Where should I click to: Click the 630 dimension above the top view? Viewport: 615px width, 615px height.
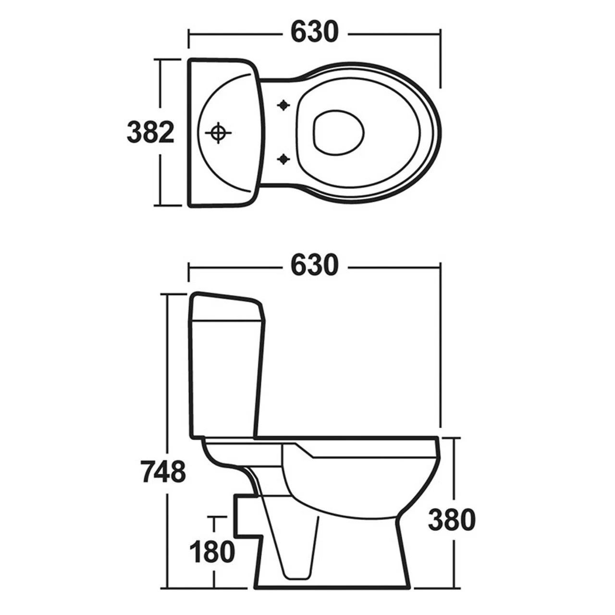314,33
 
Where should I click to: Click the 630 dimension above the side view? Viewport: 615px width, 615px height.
314,265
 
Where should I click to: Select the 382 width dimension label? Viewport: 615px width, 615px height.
150,132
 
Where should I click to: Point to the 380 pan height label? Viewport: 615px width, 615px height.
452,520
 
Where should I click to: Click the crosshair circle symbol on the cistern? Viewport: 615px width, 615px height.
218,133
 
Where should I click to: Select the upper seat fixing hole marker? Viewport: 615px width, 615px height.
284,105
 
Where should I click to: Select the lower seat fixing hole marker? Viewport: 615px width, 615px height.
284,159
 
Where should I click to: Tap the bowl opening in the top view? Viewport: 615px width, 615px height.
338,133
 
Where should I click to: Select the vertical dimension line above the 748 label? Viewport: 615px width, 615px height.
168,375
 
